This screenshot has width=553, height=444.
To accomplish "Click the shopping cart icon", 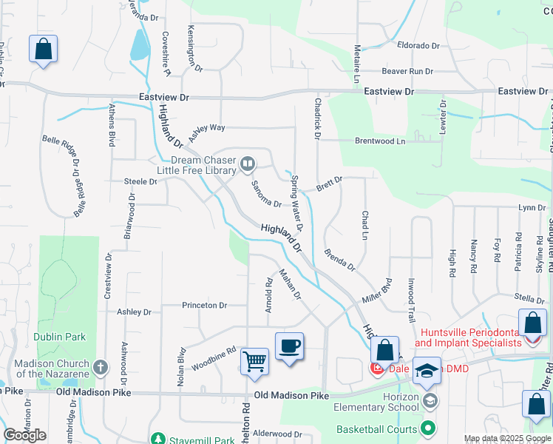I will pos(254,362).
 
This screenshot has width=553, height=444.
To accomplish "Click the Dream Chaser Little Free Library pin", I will pos(248,163).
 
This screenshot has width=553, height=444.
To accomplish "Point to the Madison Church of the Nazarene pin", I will pos(101,367).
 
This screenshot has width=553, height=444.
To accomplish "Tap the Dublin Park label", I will pos(60,337).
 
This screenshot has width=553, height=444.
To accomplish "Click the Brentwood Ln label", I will pos(380,141).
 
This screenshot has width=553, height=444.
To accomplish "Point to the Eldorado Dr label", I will pos(418,45).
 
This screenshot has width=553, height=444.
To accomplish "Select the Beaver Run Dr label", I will pos(407,72).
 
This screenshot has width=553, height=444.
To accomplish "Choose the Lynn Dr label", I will pos(532,208).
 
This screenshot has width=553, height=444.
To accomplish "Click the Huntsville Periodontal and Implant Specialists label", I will pos(468,338).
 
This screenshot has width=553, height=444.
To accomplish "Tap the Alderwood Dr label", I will pos(278,434).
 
